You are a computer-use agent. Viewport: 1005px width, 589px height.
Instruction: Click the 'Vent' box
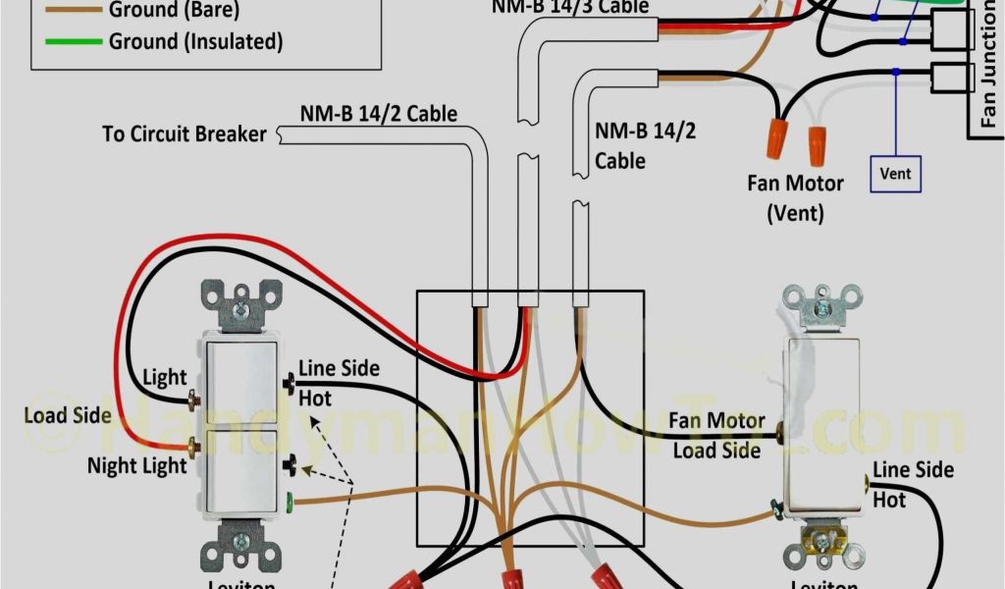pyautogui.click(x=895, y=174)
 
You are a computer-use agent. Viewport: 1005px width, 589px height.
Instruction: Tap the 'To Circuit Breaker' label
pyautogui.click(x=185, y=133)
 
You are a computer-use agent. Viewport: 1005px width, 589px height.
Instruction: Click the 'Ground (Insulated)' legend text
pyautogui.click(x=195, y=41)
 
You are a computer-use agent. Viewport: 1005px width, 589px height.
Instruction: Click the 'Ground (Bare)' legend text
pyautogui.click(x=174, y=11)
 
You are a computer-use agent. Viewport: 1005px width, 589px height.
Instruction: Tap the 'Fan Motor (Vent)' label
pyautogui.click(x=795, y=196)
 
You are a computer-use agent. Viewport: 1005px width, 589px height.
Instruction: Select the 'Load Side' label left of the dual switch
pyautogui.click(x=67, y=414)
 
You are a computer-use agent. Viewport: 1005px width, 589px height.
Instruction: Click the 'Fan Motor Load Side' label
pyautogui.click(x=716, y=435)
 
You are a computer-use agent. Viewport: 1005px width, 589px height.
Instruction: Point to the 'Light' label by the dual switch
pyautogui.click(x=164, y=377)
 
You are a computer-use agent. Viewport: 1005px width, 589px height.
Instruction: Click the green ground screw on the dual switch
pyautogui.click(x=289, y=506)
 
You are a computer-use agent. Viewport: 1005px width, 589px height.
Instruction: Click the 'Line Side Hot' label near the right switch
pyautogui.click(x=912, y=484)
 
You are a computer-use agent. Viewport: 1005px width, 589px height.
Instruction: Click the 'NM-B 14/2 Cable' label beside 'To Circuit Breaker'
pyautogui.click(x=379, y=114)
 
